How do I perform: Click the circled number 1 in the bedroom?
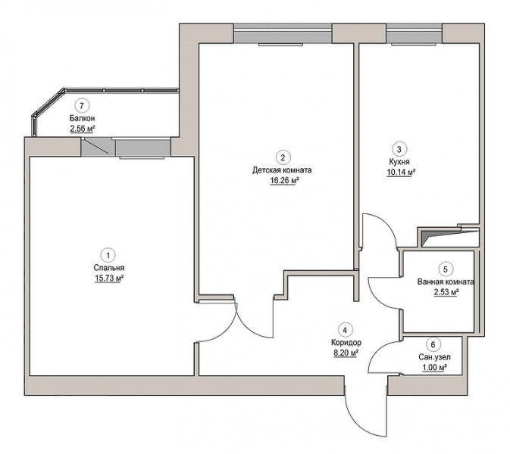coord(108,255)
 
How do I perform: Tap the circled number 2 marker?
coord(283,158)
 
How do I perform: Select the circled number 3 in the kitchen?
coord(399,149)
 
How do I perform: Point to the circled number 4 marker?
coord(345,330)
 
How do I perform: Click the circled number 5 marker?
coord(446,269)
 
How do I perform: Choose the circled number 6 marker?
coord(433,344)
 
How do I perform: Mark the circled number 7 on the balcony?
coord(82,105)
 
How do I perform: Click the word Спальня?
coord(109,268)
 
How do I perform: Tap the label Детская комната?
coord(282,170)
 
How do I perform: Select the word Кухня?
coord(399,162)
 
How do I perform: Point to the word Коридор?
coord(346,342)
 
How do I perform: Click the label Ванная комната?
coord(446,281)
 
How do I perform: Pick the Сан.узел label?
coord(434,357)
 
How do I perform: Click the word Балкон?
coord(82,118)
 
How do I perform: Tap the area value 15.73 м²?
coord(110,278)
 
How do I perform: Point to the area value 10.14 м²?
coord(401,172)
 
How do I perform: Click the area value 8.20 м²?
coord(346,353)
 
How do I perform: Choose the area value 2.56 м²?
coord(83,129)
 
